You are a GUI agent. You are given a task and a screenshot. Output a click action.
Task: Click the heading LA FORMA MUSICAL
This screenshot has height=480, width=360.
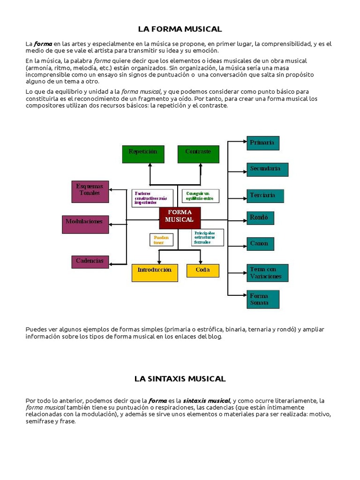(180, 29)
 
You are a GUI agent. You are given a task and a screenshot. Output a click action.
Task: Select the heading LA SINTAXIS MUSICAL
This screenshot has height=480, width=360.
(180, 378)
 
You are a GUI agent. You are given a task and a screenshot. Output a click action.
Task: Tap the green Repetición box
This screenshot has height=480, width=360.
(143, 154)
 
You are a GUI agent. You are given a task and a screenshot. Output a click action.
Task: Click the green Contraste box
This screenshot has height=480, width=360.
(198, 154)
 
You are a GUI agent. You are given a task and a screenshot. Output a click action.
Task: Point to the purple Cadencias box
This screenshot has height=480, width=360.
(90, 262)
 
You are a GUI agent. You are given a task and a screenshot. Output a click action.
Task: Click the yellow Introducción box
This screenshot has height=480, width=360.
(155, 273)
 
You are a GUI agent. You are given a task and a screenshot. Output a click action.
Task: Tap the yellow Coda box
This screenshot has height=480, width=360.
(203, 270)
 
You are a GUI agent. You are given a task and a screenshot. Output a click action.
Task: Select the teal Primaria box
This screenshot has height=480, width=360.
(263, 143)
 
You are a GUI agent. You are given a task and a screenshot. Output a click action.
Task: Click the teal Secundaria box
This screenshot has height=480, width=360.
(267, 169)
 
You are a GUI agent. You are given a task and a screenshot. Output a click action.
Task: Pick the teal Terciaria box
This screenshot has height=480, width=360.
(265, 195)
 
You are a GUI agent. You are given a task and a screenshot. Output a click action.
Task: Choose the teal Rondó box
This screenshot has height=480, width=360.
(260, 218)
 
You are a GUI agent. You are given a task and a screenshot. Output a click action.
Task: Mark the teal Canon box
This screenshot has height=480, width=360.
(260, 244)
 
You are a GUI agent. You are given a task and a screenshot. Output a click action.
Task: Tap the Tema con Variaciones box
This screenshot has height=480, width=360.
(267, 273)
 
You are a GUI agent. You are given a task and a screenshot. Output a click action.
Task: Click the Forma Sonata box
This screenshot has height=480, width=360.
(263, 300)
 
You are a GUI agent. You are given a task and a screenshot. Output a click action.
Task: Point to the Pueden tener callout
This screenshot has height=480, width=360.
(161, 240)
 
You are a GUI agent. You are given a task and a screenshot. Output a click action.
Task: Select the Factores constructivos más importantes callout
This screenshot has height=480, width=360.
(152, 198)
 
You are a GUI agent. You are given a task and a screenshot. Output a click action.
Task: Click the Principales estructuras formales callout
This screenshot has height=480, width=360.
(208, 238)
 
